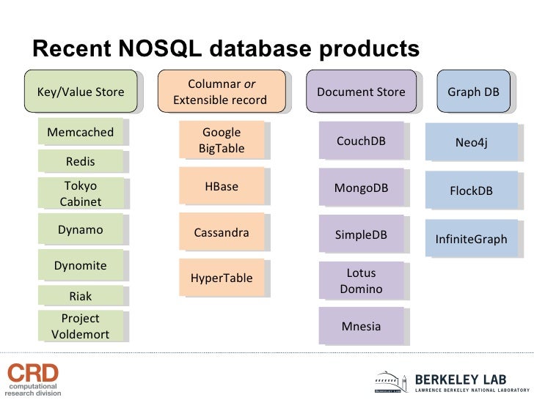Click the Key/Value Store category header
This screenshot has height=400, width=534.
point(81,92)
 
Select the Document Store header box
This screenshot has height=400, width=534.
point(361,92)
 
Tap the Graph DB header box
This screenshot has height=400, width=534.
point(473,92)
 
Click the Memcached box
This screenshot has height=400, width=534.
point(81,133)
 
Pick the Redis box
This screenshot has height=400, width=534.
point(81,161)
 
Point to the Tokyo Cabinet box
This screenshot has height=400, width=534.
point(81,193)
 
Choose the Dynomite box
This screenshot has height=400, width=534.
point(81,265)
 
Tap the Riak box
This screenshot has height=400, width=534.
point(81,296)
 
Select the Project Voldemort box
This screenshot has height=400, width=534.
point(81,327)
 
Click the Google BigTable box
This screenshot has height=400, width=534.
point(222,141)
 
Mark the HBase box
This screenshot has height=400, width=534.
point(222,187)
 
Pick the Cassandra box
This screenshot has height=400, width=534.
point(222,233)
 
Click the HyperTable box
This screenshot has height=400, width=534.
point(222,278)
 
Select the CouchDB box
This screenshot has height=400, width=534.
point(361,141)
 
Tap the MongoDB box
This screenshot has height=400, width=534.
point(361,188)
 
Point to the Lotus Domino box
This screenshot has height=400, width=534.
point(361,281)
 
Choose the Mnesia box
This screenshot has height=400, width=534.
point(361,326)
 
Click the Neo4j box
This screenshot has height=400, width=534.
point(472,143)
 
